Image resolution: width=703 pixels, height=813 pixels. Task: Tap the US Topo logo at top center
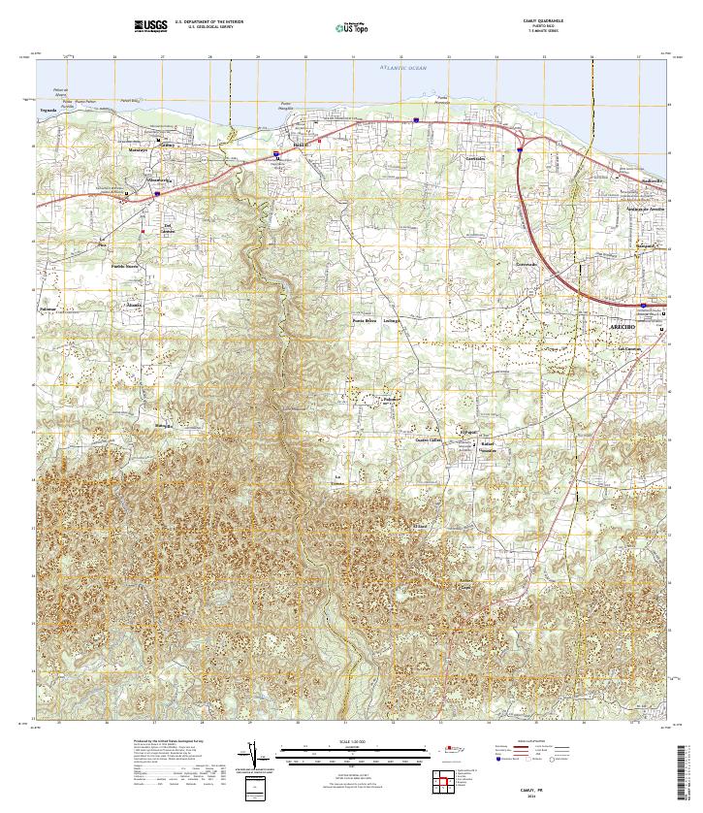tap(351, 28)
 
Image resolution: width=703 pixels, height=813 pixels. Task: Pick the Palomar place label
tap(49, 309)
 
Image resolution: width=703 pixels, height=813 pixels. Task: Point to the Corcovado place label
tap(527, 264)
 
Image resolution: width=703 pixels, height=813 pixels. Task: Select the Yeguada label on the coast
tap(48, 111)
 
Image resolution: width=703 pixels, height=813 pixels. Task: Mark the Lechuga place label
tap(391, 320)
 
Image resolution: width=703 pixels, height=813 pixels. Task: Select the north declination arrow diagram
tap(255, 754)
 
